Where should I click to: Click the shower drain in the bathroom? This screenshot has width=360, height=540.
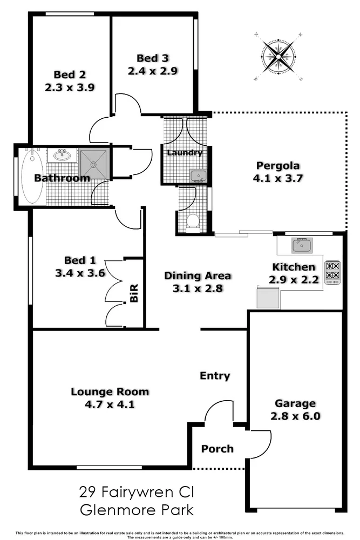94,164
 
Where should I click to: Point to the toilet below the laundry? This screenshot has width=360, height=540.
192,221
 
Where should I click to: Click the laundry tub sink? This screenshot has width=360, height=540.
196,175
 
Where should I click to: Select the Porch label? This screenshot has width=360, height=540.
218,449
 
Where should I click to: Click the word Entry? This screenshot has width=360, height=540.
215,376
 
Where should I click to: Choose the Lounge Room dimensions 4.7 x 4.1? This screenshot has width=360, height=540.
110,403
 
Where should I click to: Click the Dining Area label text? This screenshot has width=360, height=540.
198,276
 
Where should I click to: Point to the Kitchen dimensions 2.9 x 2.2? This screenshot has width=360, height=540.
294,279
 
